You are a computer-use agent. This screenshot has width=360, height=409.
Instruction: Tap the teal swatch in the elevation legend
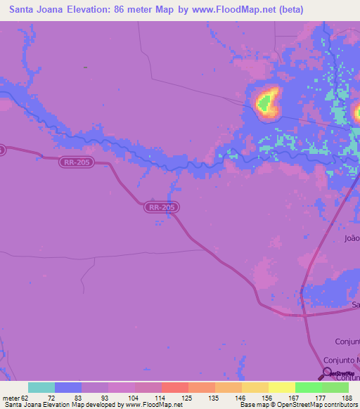[41, 387]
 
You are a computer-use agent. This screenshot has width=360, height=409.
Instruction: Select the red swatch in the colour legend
[174, 387]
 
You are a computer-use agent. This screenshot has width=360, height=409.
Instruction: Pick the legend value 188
[348, 398]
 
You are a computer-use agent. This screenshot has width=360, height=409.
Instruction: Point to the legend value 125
[188, 398]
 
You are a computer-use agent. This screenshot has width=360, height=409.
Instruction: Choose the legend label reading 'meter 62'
[15, 398]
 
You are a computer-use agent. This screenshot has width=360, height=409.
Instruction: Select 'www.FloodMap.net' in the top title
[238, 10]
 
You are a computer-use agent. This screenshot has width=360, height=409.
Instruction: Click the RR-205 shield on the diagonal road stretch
[162, 207]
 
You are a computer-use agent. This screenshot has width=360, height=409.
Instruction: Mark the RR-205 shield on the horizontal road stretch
[75, 161]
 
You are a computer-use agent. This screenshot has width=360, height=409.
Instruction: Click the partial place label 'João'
[352, 238]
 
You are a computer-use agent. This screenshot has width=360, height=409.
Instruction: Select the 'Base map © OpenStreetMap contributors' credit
[298, 405]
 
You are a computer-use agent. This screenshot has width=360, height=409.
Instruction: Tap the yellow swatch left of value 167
[281, 387]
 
